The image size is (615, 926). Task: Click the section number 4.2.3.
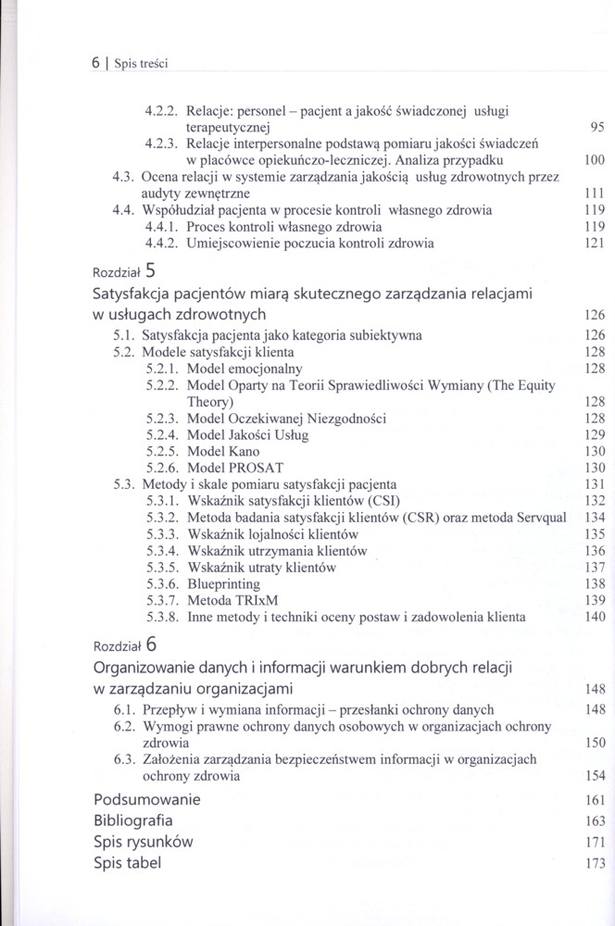(162, 144)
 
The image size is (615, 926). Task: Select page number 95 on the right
(596, 127)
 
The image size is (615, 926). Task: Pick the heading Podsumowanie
(148, 799)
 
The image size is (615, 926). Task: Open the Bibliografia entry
(133, 820)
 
